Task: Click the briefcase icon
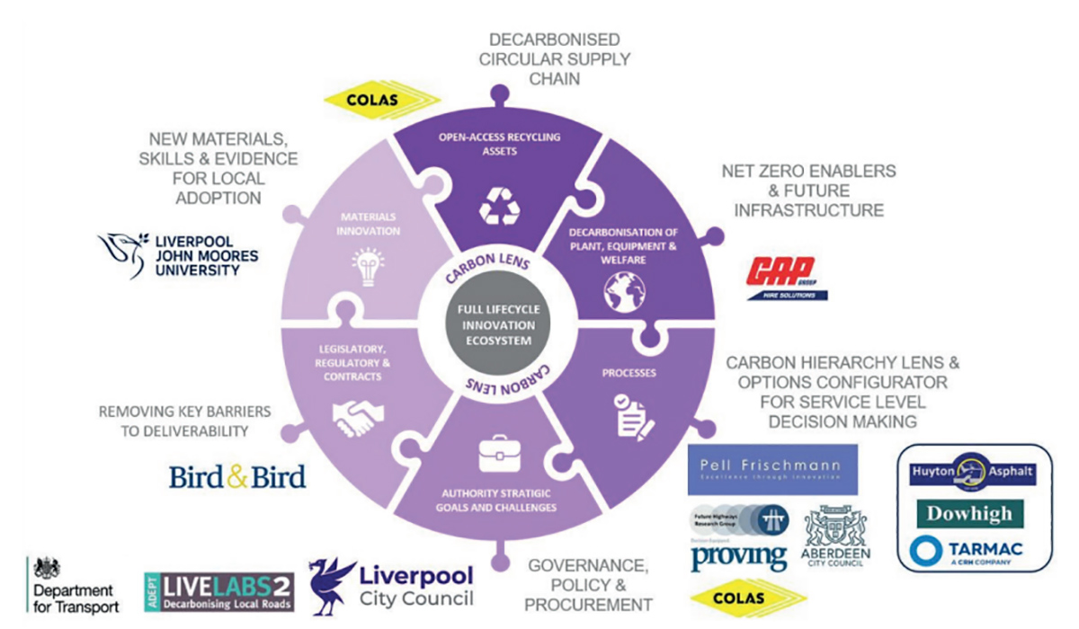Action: coord(497,453)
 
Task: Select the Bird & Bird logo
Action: coord(237,476)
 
